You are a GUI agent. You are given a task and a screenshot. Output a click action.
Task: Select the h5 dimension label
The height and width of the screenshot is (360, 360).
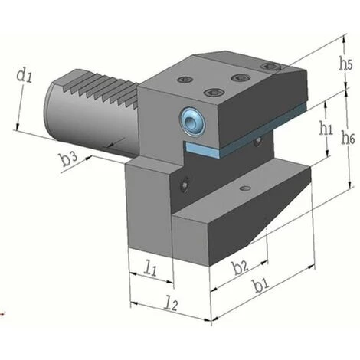tap(346, 65)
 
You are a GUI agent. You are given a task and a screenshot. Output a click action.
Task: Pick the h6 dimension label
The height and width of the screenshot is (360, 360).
tap(349, 139)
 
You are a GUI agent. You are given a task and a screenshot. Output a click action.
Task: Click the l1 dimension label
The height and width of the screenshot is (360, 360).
tap(150, 269)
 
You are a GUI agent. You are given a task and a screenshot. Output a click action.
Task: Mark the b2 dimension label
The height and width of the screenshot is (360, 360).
tap(240, 267)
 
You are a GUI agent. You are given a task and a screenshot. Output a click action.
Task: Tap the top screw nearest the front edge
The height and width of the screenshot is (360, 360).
tap(209, 93)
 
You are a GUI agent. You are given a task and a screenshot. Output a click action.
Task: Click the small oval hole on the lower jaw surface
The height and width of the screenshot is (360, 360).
tap(244, 188)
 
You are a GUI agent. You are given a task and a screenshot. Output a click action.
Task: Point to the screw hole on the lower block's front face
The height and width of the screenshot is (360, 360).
tap(184, 184)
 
